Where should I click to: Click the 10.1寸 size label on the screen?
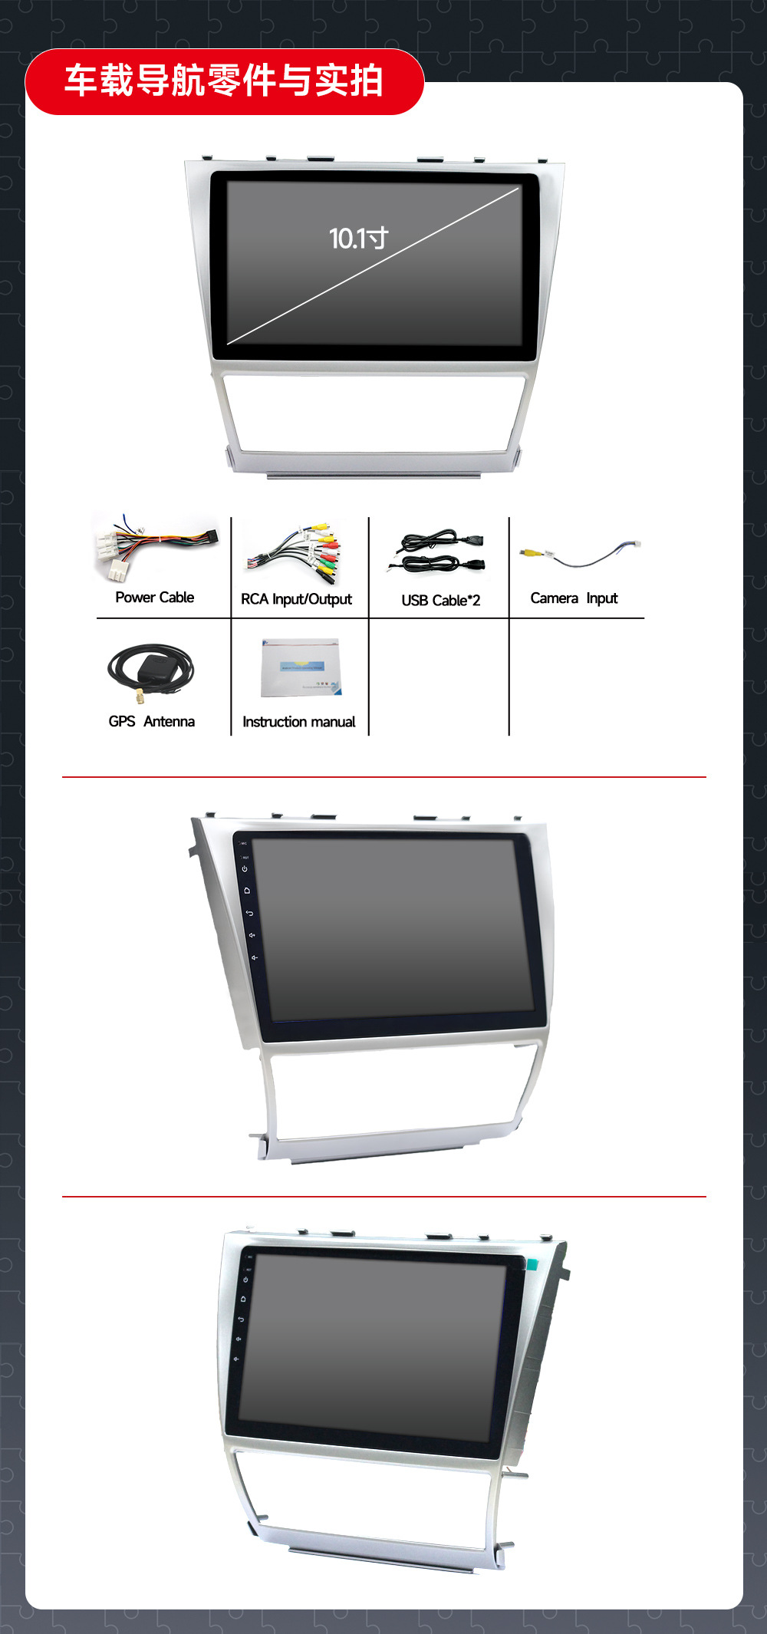click(x=358, y=239)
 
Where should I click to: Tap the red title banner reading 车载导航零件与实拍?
click(x=224, y=81)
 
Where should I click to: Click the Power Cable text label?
click(x=154, y=598)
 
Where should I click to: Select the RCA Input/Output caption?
click(x=296, y=599)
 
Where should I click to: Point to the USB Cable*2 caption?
click(x=440, y=601)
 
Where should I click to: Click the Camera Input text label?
click(x=574, y=598)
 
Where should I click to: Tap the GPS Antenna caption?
click(x=151, y=722)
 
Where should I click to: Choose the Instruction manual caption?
click(x=298, y=722)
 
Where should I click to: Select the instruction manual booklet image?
click(x=300, y=668)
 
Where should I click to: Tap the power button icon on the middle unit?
click(x=245, y=869)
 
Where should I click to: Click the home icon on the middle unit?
click(x=247, y=891)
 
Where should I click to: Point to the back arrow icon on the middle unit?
click(x=249, y=913)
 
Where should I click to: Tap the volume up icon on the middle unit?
click(x=252, y=935)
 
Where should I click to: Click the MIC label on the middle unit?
click(x=244, y=844)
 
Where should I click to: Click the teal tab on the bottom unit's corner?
click(x=532, y=1263)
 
